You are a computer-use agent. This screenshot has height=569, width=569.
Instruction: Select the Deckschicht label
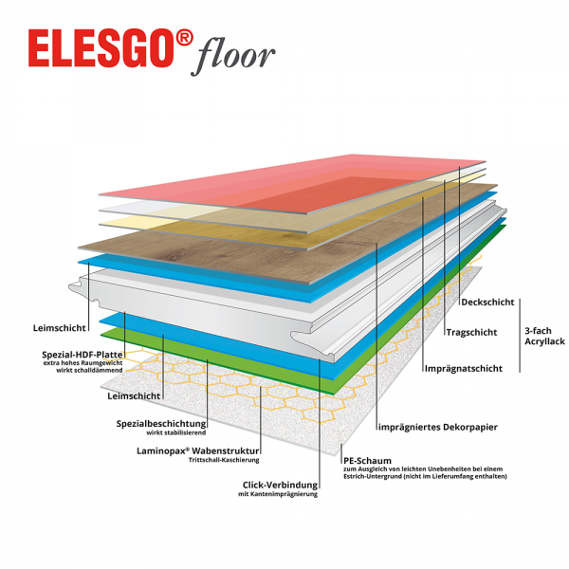(487, 303)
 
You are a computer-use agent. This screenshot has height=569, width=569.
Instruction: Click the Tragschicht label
(471, 333)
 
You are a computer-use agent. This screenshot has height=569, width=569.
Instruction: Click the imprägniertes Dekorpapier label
(437, 427)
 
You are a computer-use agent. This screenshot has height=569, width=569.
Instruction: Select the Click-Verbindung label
(280, 483)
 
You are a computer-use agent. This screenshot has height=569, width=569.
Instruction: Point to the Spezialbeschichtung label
(161, 423)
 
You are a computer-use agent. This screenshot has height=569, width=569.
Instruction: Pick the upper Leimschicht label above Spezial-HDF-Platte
(60, 328)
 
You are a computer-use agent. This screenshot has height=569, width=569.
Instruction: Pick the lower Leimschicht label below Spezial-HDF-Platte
(132, 397)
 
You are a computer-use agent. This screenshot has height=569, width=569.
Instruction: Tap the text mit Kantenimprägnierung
(282, 494)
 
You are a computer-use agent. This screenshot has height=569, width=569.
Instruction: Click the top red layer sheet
(284, 180)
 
